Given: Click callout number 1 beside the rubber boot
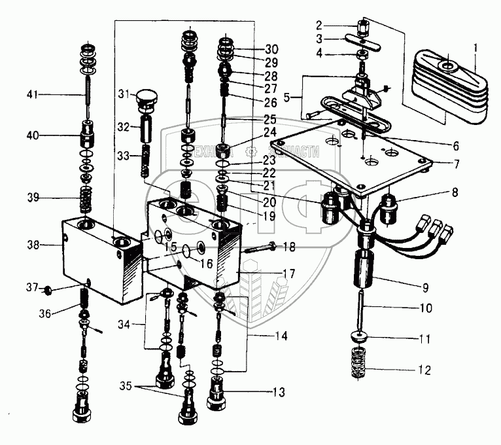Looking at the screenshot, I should [x=475, y=46].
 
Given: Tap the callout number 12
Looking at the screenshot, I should [x=425, y=370].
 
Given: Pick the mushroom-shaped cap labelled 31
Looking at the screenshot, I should [x=147, y=100].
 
